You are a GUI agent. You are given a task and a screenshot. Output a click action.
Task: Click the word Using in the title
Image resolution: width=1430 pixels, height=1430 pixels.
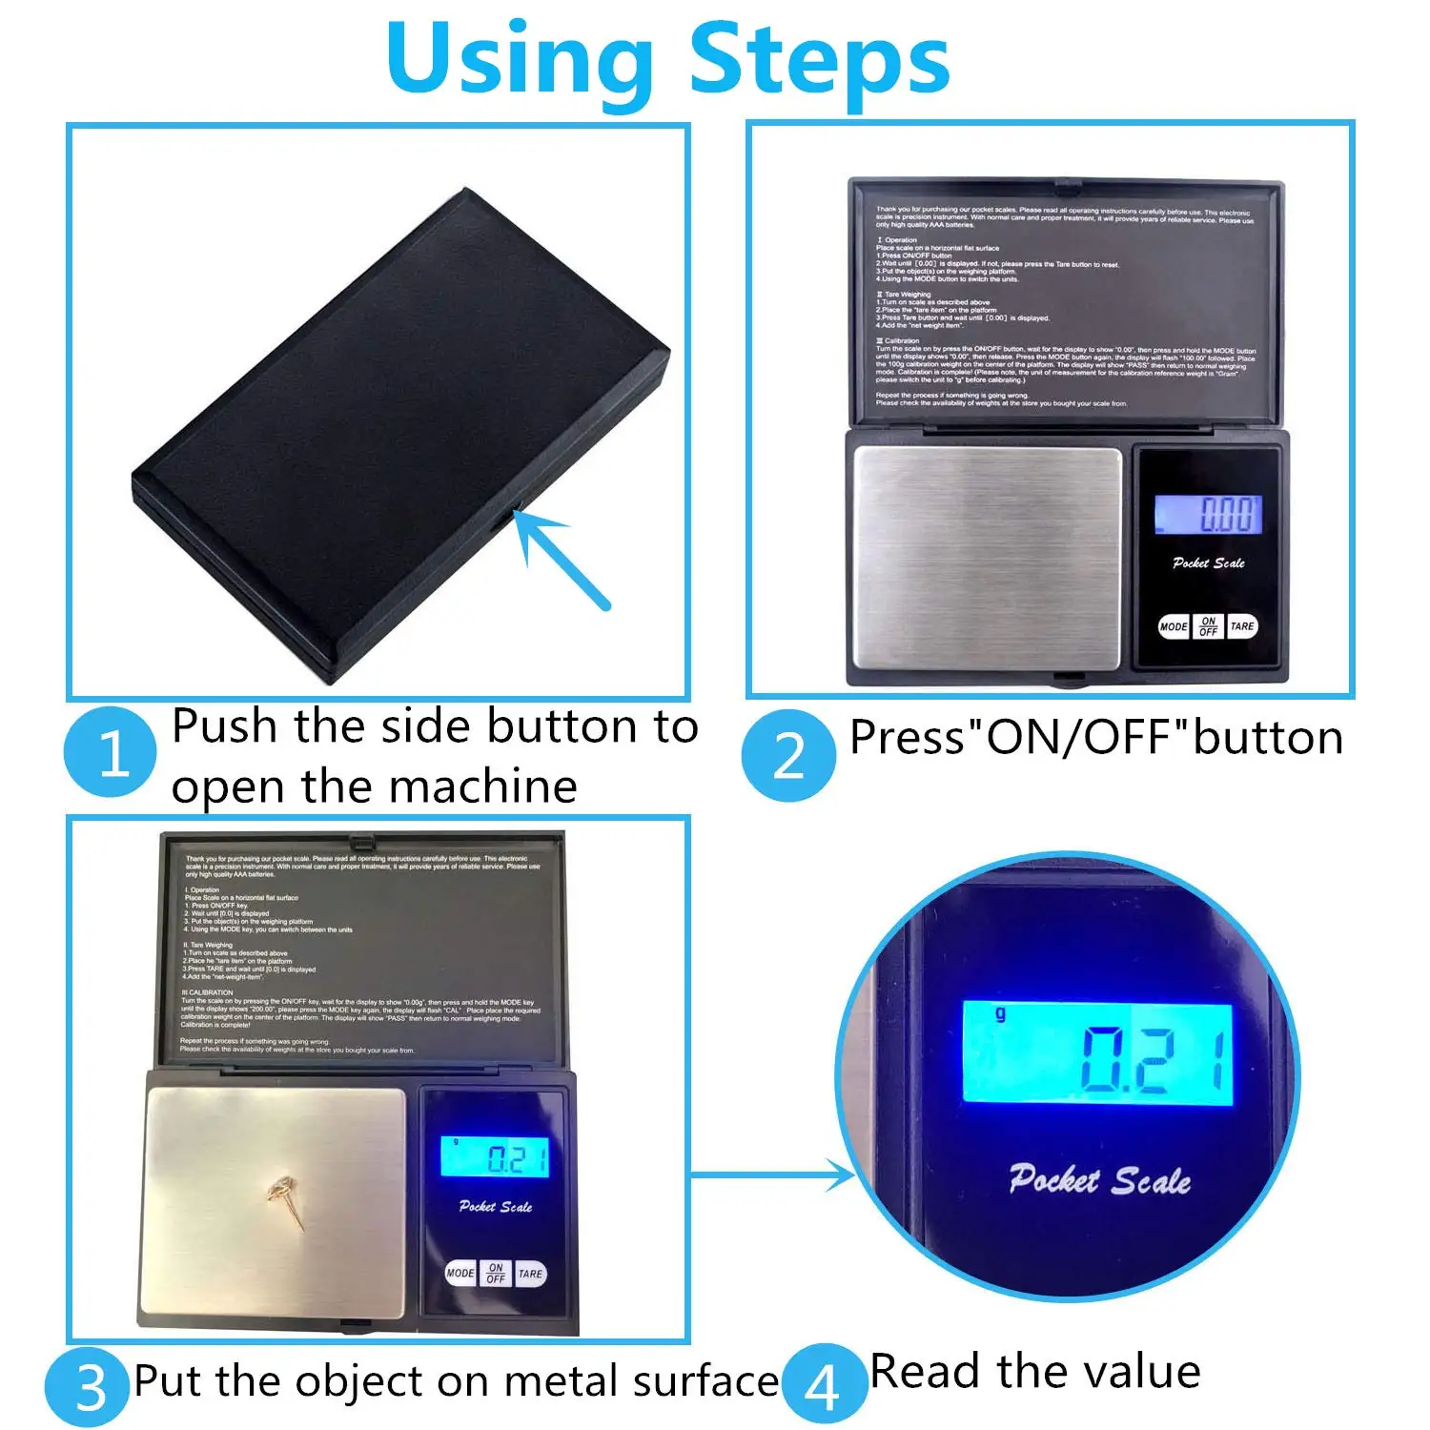click(x=520, y=59)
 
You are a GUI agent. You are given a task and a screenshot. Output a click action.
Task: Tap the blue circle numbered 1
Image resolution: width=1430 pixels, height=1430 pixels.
click(x=111, y=752)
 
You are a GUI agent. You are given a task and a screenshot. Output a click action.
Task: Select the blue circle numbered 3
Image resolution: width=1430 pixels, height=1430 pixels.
click(x=88, y=1387)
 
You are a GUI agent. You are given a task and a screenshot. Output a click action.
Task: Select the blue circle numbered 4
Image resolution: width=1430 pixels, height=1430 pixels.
click(x=824, y=1385)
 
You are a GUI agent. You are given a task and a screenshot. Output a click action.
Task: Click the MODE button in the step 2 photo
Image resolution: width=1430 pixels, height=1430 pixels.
click(x=1174, y=626)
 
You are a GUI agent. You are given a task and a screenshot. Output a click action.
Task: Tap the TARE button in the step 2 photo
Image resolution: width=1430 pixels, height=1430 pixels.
click(x=1242, y=626)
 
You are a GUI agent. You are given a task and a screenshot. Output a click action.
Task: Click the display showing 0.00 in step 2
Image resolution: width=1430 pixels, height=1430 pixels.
click(x=1208, y=515)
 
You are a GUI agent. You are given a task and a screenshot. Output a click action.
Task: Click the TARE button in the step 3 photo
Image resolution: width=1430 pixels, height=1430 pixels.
click(x=530, y=1274)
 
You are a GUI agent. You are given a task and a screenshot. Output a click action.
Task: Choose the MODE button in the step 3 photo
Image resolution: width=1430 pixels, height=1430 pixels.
click(x=460, y=1274)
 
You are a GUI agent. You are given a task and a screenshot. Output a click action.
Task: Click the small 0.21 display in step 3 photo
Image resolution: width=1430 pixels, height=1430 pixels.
click(x=495, y=1156)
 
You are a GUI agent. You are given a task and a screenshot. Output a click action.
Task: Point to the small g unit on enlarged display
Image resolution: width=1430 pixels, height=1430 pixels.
click(x=1000, y=1014)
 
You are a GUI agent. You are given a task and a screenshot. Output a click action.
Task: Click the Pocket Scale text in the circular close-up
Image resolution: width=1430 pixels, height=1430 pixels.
click(x=1100, y=1180)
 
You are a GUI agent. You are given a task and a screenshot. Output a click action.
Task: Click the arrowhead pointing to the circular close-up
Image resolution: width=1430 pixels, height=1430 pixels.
click(x=843, y=1175)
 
